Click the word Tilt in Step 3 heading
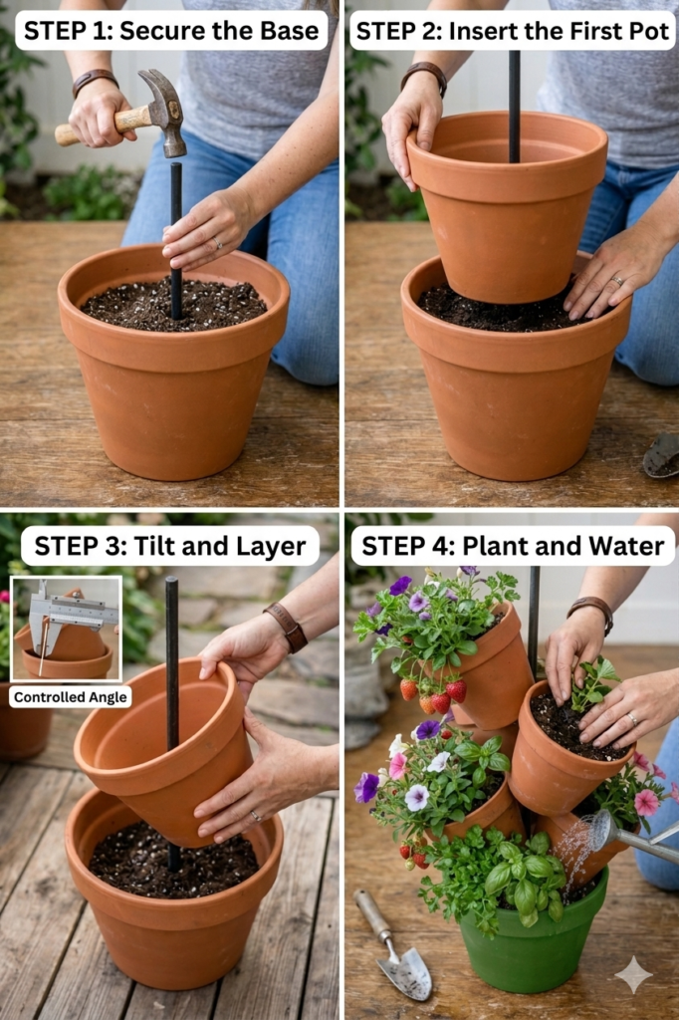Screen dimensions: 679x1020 pos(154,546)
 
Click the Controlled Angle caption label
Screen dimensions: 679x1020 pos(71,697)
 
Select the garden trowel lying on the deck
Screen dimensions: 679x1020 pos(393,946)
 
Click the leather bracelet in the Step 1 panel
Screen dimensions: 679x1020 pos(95,81)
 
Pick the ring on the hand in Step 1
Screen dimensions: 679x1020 pos(217,244)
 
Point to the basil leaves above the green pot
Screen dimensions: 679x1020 pos(514,872)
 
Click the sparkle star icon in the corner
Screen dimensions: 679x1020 pos(633,974)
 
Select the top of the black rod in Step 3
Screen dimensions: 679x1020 pos(171,581)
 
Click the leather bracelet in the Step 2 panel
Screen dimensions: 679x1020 pos(425,76)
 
